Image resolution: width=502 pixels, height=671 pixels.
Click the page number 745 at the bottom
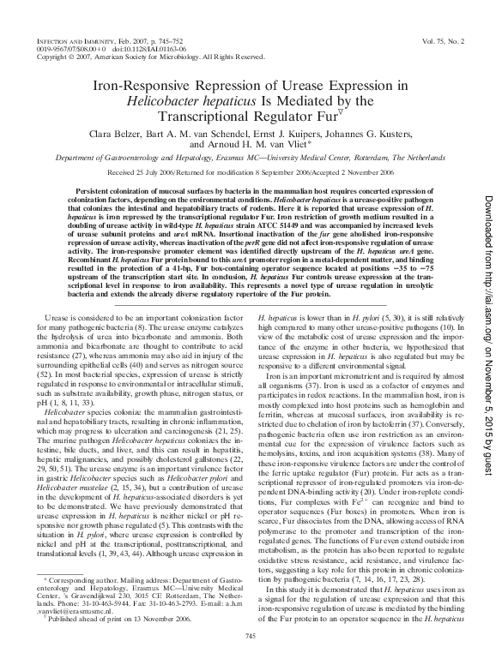click(251, 636)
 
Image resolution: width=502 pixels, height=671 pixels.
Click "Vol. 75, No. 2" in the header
click(444, 40)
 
